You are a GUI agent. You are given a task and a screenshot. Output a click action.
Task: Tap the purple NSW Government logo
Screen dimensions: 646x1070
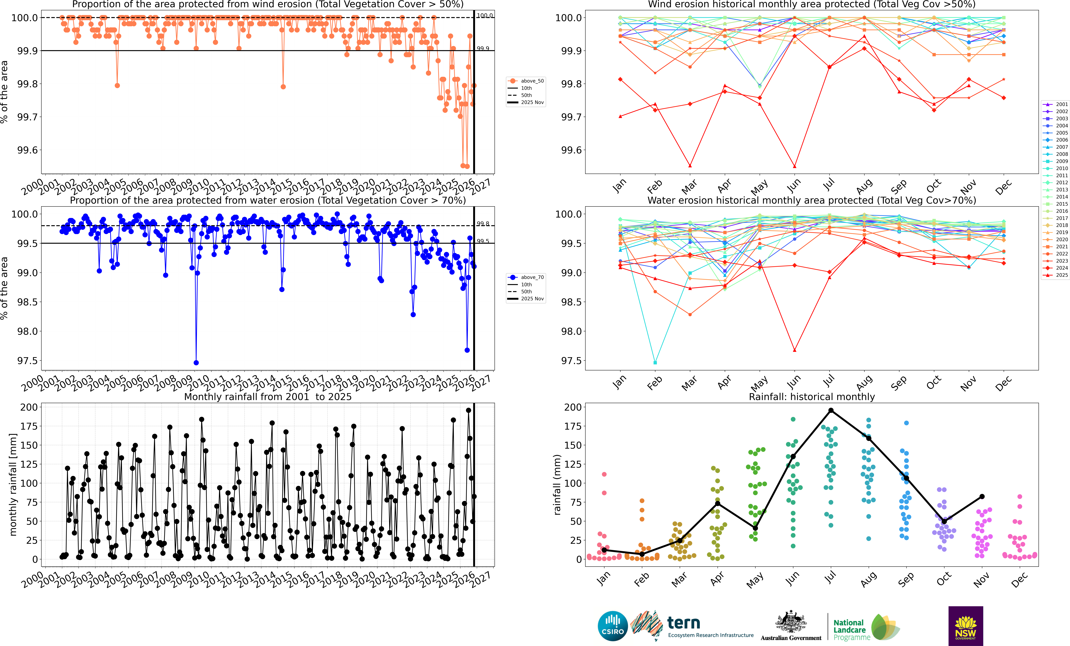965,626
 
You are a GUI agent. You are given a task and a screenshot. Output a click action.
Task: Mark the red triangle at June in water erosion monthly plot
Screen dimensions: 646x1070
795,350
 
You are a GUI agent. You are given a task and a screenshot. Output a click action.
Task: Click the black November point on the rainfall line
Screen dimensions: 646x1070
982,497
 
